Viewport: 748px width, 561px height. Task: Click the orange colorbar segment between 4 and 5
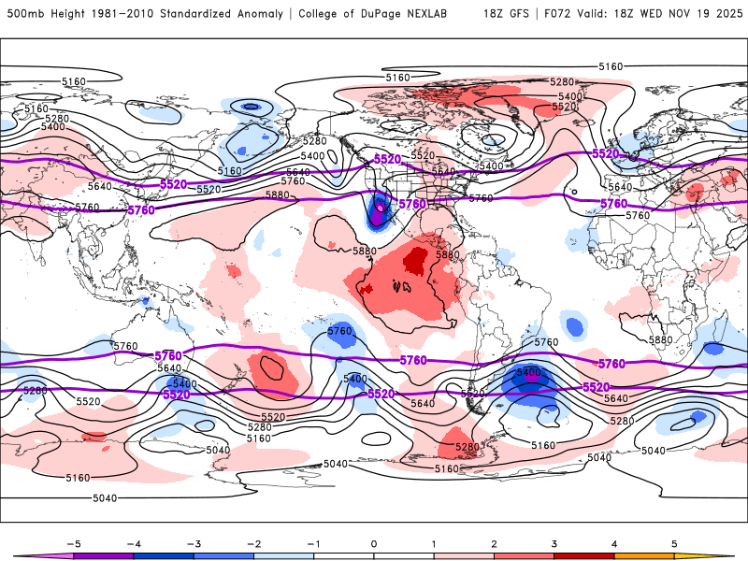pos(644,555)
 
